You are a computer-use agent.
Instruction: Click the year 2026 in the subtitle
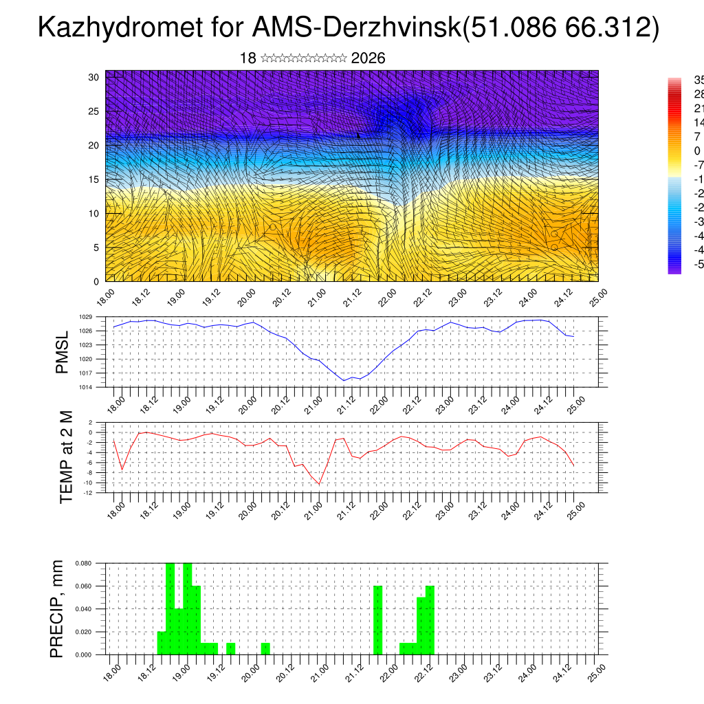368,58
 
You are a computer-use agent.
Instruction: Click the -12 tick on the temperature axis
87,492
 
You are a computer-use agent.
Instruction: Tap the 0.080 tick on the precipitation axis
83,563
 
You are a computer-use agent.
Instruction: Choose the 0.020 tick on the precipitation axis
83,632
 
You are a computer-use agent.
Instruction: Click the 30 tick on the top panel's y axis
93,77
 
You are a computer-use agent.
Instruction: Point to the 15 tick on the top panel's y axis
93,179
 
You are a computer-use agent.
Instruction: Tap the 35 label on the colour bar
697,80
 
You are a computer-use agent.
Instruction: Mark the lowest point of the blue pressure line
344,380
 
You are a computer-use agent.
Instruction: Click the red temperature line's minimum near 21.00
319,484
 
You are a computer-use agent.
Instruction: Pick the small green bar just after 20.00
265,648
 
